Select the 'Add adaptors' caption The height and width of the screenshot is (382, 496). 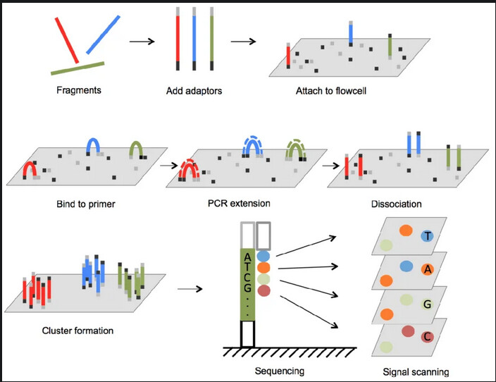[x=191, y=90]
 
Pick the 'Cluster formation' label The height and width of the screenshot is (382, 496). [x=77, y=330]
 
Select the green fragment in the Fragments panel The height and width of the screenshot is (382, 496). [x=78, y=68]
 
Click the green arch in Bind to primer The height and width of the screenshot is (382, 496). [x=135, y=148]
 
